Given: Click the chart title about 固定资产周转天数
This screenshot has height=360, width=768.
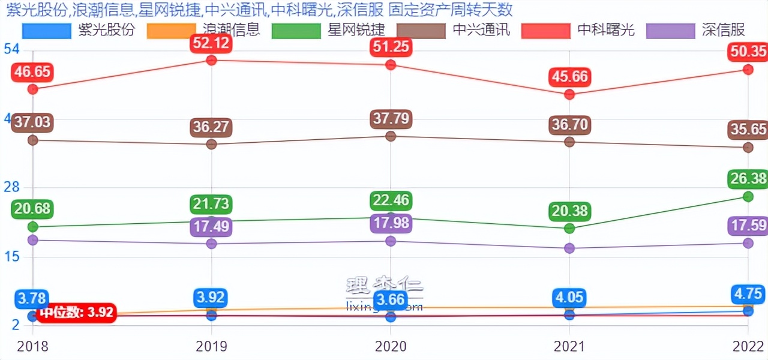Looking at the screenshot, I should click(259, 10).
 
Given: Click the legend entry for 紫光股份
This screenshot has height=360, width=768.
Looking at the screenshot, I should click(78, 29).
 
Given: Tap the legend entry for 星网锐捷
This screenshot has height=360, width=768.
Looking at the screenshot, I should click(328, 29).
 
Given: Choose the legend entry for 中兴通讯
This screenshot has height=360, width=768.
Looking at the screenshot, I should click(453, 29).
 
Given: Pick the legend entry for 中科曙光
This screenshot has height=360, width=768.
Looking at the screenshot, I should click(578, 29).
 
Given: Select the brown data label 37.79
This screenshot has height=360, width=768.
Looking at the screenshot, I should click(391, 119).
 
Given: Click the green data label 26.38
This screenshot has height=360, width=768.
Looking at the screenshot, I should click(748, 178).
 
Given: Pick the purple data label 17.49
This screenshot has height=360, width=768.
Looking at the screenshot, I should click(211, 227).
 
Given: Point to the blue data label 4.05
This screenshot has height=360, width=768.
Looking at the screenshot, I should click(569, 298).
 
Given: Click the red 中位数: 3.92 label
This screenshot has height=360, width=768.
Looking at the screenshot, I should click(76, 313).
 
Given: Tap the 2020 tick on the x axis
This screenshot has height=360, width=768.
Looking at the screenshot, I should click(391, 346).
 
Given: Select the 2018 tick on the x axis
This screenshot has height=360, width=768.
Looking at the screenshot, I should click(33, 346).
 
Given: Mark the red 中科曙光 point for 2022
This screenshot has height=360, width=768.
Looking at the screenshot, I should click(748, 70).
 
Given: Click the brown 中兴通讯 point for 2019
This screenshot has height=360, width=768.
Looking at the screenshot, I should click(211, 144).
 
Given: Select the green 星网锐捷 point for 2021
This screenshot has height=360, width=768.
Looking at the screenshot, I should click(569, 228).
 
